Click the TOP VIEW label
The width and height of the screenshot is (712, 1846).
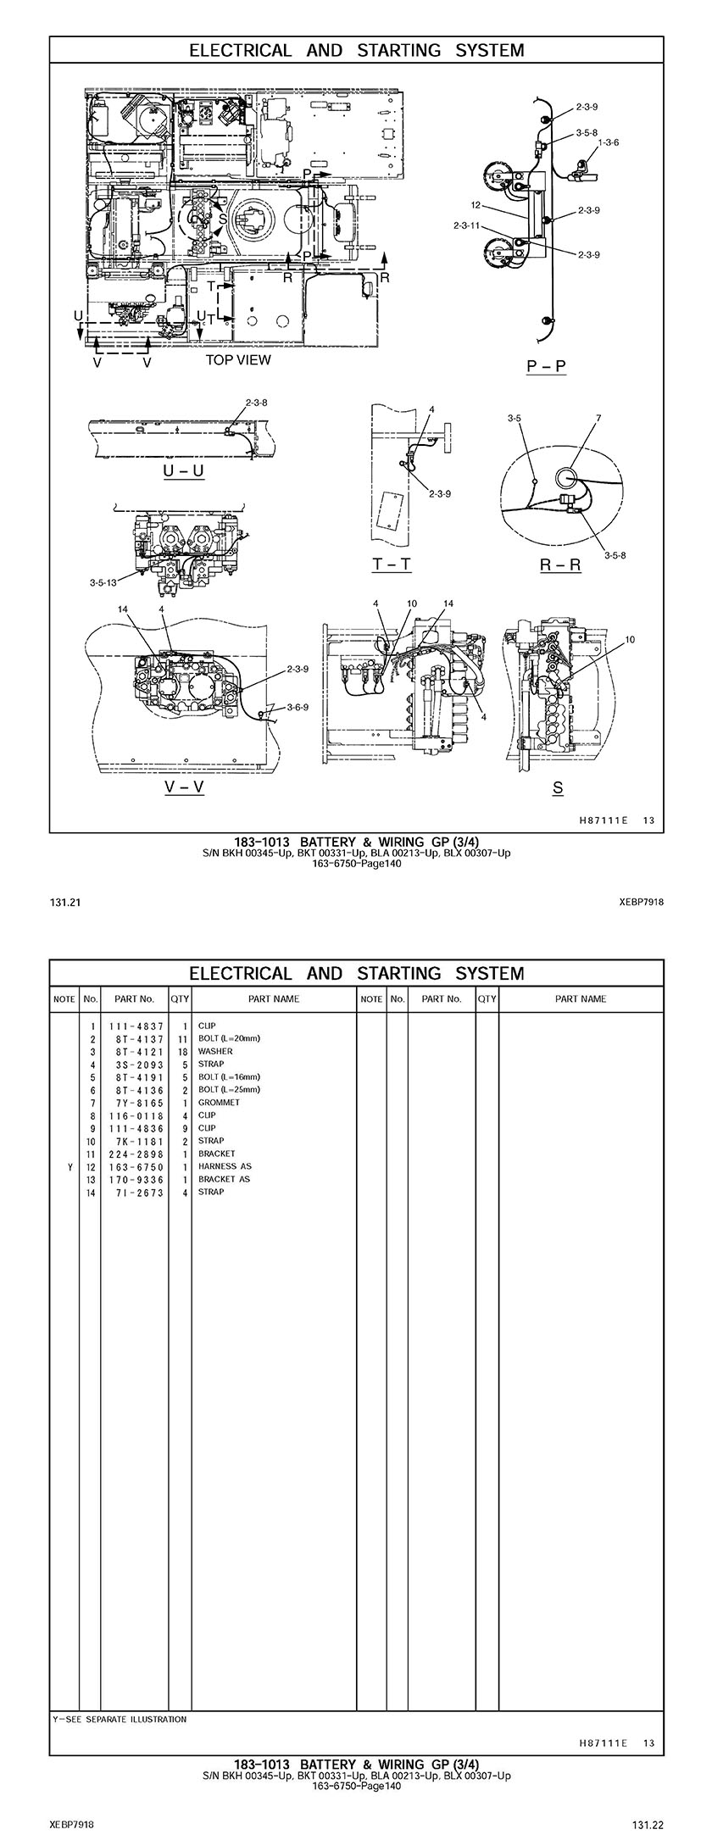(x=238, y=359)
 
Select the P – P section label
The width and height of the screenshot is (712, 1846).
(x=547, y=366)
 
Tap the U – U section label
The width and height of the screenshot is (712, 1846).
(x=184, y=470)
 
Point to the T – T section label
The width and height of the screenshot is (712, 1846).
(x=392, y=564)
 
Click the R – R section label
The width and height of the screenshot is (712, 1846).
(x=560, y=564)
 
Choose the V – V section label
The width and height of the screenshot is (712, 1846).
(x=184, y=787)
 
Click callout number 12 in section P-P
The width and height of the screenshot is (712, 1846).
(x=476, y=205)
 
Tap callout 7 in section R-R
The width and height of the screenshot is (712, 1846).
(x=598, y=418)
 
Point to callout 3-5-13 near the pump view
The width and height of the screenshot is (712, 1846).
(x=103, y=582)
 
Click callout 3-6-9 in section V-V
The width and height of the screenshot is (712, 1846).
(x=298, y=707)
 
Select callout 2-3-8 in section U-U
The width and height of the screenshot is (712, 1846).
(x=256, y=403)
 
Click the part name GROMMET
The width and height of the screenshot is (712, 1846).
(x=219, y=1103)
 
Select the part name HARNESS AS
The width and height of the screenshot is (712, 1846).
(x=225, y=1166)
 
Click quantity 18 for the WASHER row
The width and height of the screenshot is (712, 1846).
(x=180, y=1051)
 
